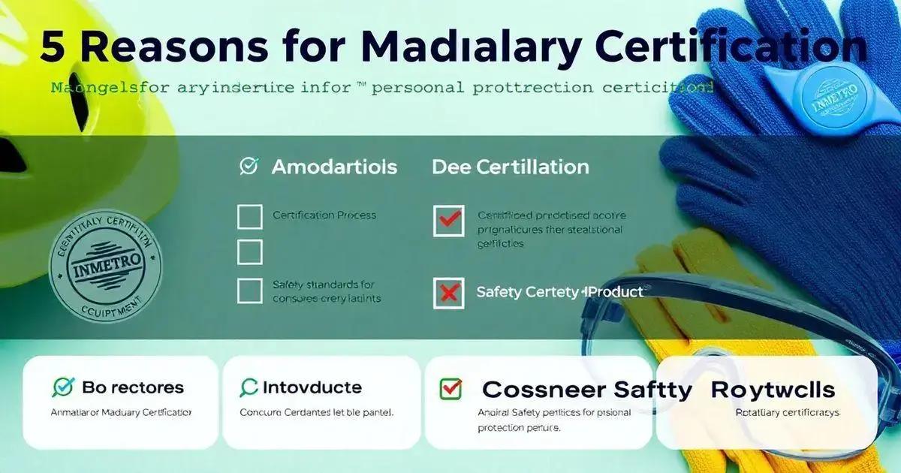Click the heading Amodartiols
(x=334, y=167)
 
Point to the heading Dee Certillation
(x=510, y=167)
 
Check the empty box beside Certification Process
(x=249, y=216)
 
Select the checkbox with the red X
(x=448, y=293)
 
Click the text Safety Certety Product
(x=559, y=292)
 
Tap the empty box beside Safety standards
(x=249, y=290)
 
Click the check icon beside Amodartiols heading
(x=249, y=166)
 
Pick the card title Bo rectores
(x=132, y=387)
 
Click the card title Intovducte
(x=312, y=387)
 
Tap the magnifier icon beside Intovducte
(x=249, y=387)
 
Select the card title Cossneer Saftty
(x=586, y=390)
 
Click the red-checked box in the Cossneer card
(x=450, y=388)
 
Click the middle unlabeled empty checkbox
(x=249, y=252)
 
